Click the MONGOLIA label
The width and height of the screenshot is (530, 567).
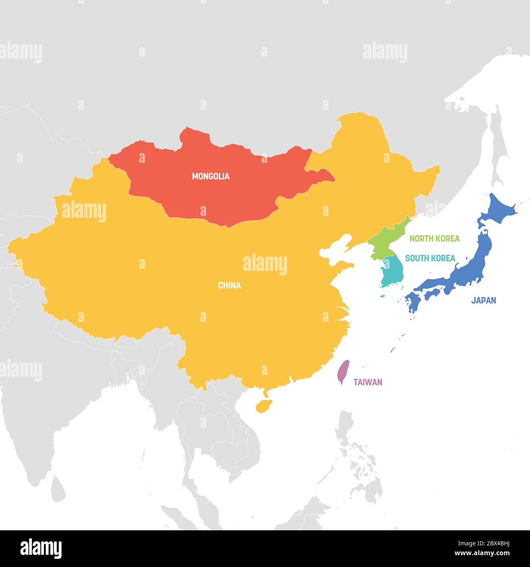click(211, 176)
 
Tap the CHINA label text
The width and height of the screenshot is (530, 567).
click(230, 286)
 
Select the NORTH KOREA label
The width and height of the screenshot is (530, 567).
click(434, 239)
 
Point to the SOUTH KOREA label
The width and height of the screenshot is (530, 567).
click(430, 258)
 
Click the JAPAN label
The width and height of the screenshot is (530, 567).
click(484, 301)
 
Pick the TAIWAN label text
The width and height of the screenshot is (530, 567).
click(368, 382)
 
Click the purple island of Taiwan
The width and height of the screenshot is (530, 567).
click(344, 372)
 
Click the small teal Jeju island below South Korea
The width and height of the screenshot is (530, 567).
click(383, 297)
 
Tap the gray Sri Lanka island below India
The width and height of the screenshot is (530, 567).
click(59, 491)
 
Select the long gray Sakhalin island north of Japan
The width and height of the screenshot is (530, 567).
click(498, 147)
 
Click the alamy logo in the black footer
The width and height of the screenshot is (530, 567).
click(41, 548)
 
